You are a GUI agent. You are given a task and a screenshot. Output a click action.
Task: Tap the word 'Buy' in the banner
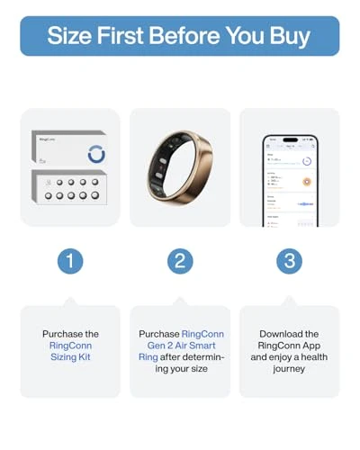coord(286,36)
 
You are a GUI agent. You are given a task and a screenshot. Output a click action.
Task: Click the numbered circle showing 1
coord(70,261)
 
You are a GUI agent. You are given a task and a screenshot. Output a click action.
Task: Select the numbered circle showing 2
coord(180,261)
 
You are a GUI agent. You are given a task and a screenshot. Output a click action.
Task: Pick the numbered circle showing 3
coord(289,261)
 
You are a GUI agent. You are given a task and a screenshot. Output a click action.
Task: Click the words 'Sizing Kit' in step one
coord(70,357)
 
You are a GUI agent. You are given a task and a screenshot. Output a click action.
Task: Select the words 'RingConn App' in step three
coord(289,346)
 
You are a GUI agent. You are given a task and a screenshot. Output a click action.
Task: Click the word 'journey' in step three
coord(290,369)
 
